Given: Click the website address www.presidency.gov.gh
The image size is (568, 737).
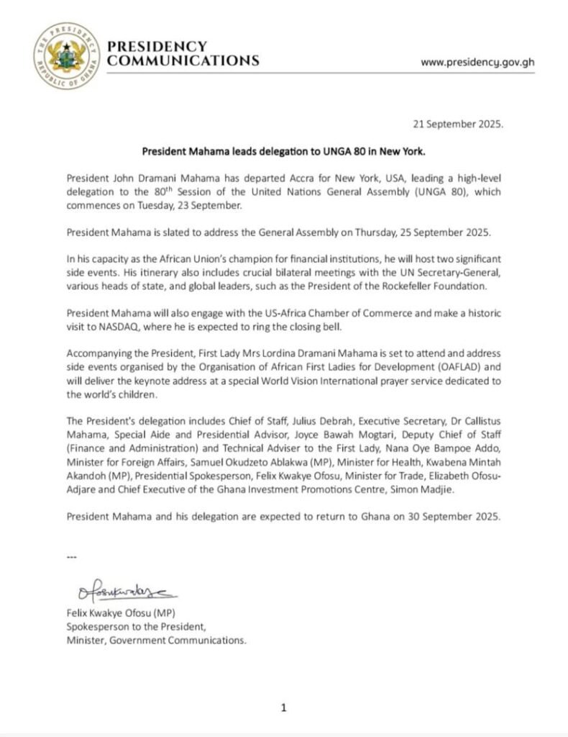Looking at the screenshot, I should (477, 62).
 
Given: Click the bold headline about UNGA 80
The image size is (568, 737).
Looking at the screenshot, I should (285, 152).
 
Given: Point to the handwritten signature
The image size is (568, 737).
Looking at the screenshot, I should (123, 592).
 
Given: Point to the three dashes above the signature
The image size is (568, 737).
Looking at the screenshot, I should (70, 558).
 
